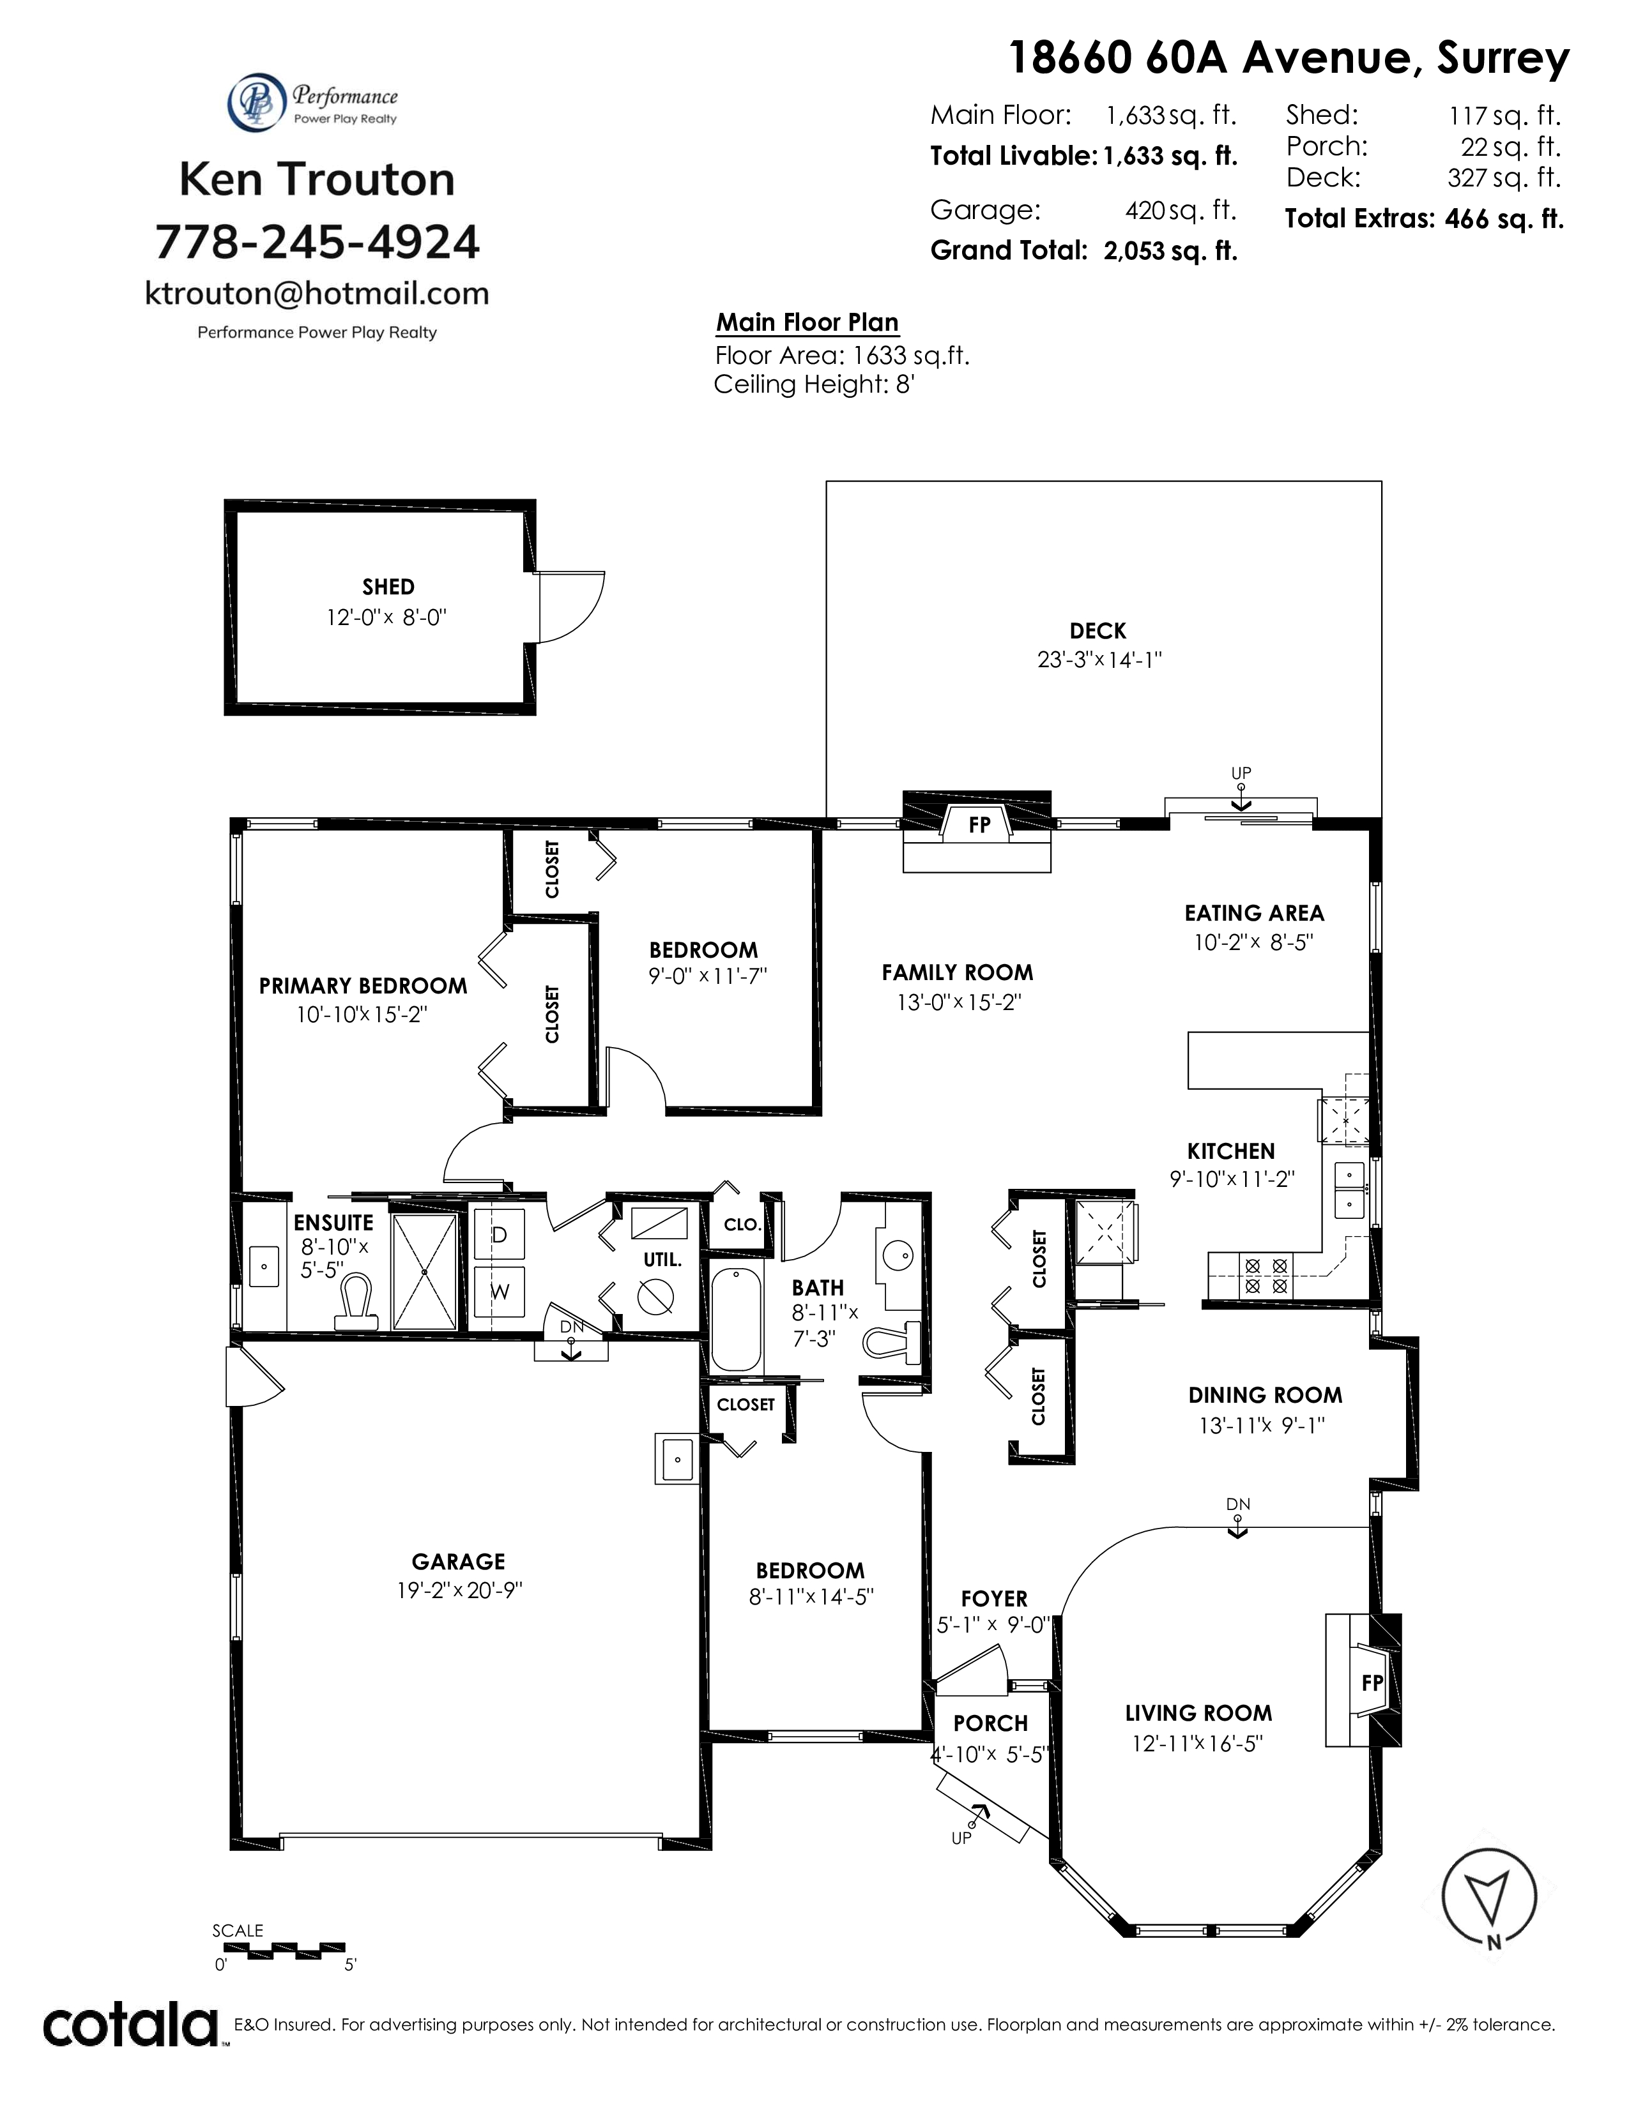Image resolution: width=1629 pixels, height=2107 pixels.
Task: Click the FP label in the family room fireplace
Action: click(979, 825)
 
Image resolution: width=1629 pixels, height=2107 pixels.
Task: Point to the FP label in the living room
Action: click(1372, 1682)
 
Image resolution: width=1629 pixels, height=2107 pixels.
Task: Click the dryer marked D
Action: click(499, 1234)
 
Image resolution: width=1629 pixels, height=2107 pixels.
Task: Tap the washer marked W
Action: click(499, 1291)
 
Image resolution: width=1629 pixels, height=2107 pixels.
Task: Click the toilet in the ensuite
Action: click(354, 1304)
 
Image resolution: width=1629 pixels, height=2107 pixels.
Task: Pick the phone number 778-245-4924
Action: click(317, 241)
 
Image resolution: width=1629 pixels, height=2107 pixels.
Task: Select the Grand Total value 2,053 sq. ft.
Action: click(1170, 251)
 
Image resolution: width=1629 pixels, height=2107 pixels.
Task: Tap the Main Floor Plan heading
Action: click(807, 322)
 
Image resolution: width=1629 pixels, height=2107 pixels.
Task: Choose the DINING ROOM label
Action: click(1265, 1395)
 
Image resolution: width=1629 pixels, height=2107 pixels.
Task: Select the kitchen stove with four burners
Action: click(1266, 1274)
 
